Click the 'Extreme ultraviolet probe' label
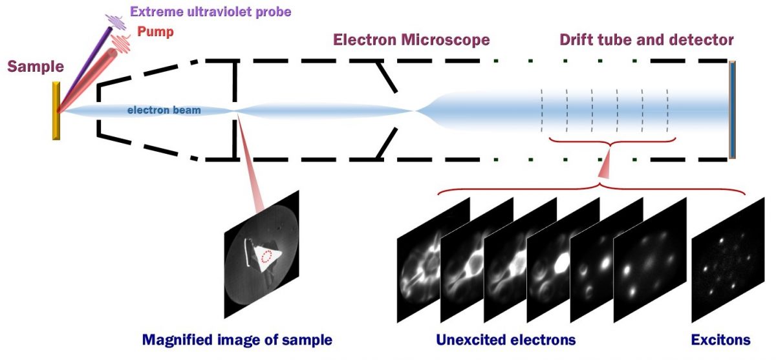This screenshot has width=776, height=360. [210, 12]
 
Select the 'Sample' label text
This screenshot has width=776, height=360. [36, 67]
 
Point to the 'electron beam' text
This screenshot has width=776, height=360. [164, 111]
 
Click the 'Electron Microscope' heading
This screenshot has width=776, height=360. [411, 40]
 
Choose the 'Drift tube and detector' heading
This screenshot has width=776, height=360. [646, 40]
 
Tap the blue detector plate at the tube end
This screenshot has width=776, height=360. [732, 109]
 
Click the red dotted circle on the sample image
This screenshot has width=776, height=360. [266, 257]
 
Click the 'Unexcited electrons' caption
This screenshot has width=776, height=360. [506, 340]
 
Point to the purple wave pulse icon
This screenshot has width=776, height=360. [116, 21]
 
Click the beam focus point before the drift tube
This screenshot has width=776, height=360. [414, 111]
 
